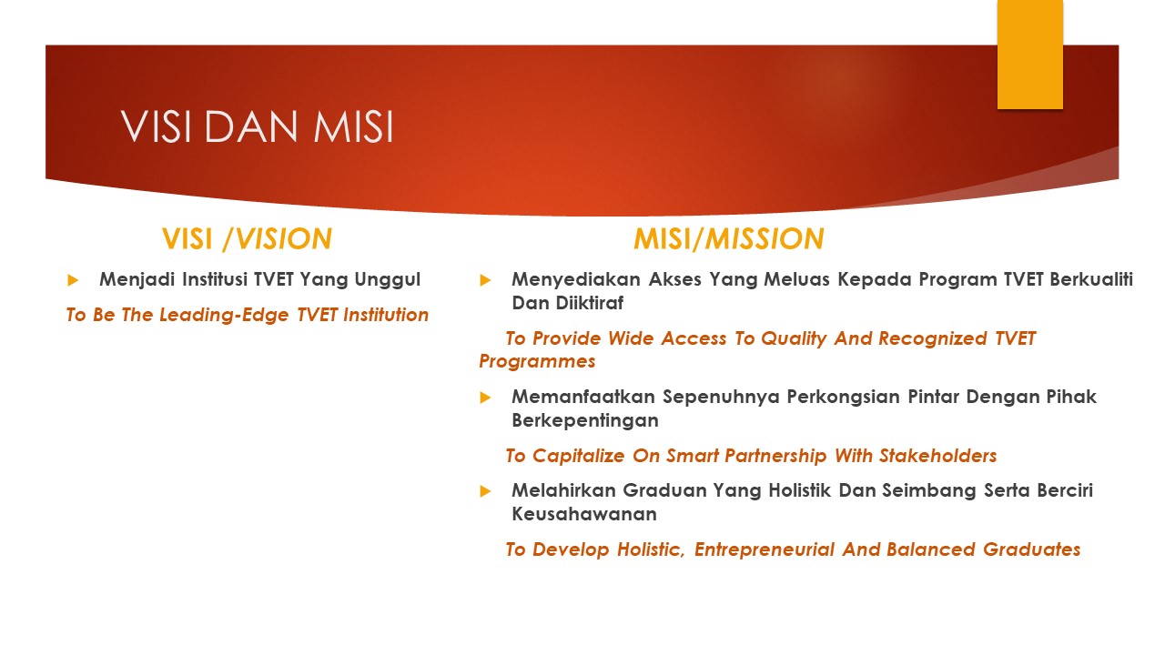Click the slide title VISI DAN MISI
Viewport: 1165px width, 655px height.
click(257, 126)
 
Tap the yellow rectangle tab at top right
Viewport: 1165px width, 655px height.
click(1029, 55)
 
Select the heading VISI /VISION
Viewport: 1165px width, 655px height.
click(247, 239)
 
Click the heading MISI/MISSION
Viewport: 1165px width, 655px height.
click(729, 239)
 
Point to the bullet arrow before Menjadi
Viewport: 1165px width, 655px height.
click(73, 280)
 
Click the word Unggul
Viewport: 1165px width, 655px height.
click(387, 280)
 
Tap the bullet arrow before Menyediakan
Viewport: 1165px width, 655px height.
click(485, 280)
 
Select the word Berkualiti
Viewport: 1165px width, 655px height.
click(1091, 279)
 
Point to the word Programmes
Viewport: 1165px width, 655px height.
click(537, 361)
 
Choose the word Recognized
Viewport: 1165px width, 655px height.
click(933, 338)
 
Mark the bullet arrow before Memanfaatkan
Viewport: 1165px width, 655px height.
click(485, 398)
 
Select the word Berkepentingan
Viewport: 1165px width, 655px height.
click(585, 420)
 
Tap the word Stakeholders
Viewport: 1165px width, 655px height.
click(937, 456)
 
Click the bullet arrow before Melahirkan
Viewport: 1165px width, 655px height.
click(485, 491)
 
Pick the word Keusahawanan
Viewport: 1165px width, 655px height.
click(584, 514)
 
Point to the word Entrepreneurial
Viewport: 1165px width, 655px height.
click(764, 549)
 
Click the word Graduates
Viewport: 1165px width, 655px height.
click(1031, 549)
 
